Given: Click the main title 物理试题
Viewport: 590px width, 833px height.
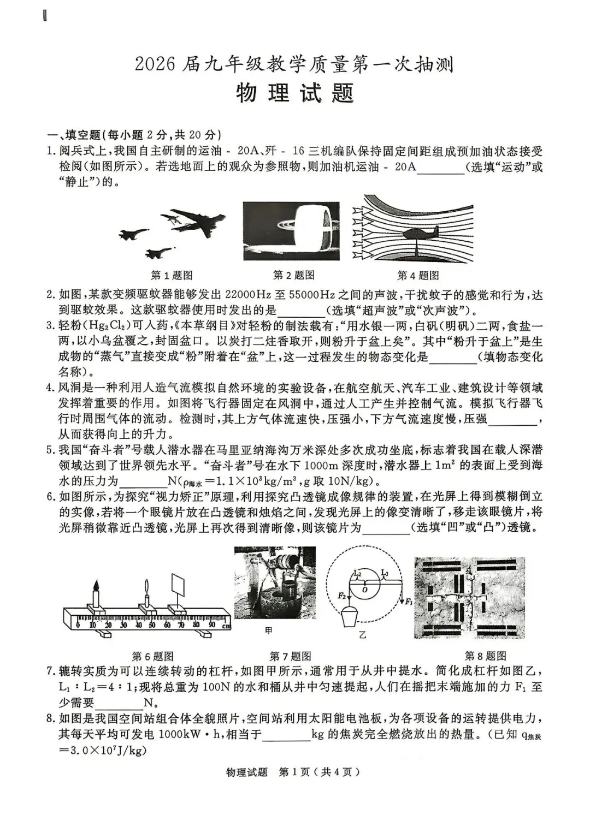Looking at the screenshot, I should (295, 93).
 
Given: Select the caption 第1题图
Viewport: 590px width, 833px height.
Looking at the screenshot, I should (172, 276).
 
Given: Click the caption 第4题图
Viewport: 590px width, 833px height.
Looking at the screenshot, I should (418, 276).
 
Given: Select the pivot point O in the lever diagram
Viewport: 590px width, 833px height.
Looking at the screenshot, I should (364, 589).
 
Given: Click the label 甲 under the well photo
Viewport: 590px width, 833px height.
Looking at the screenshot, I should (268, 631).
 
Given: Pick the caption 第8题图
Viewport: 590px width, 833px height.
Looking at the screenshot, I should (485, 656).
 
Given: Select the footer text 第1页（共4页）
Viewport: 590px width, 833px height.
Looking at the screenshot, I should (319, 772).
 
